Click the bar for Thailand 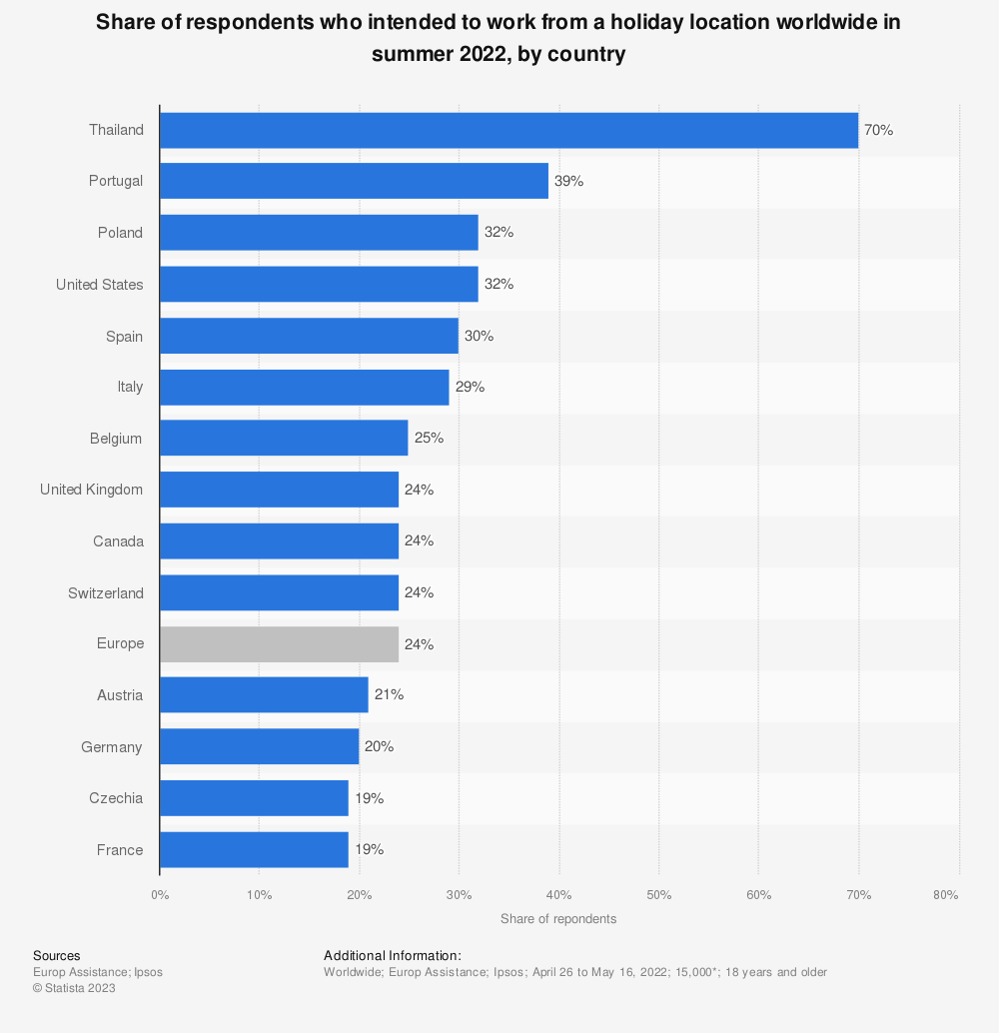(x=508, y=130)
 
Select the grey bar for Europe (x=279, y=644)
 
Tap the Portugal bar (x=354, y=181)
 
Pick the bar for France (x=254, y=850)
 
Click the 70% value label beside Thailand (x=878, y=130)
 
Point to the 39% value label (x=568, y=181)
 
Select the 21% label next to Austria (x=389, y=695)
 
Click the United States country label (x=99, y=285)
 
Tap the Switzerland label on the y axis (x=105, y=593)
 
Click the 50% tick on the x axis (x=659, y=895)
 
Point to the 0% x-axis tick (x=160, y=895)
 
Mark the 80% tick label (x=945, y=895)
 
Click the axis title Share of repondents (x=558, y=918)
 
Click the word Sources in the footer (x=56, y=956)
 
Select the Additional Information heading (x=392, y=956)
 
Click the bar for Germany (x=259, y=747)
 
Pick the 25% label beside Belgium (x=429, y=439)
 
